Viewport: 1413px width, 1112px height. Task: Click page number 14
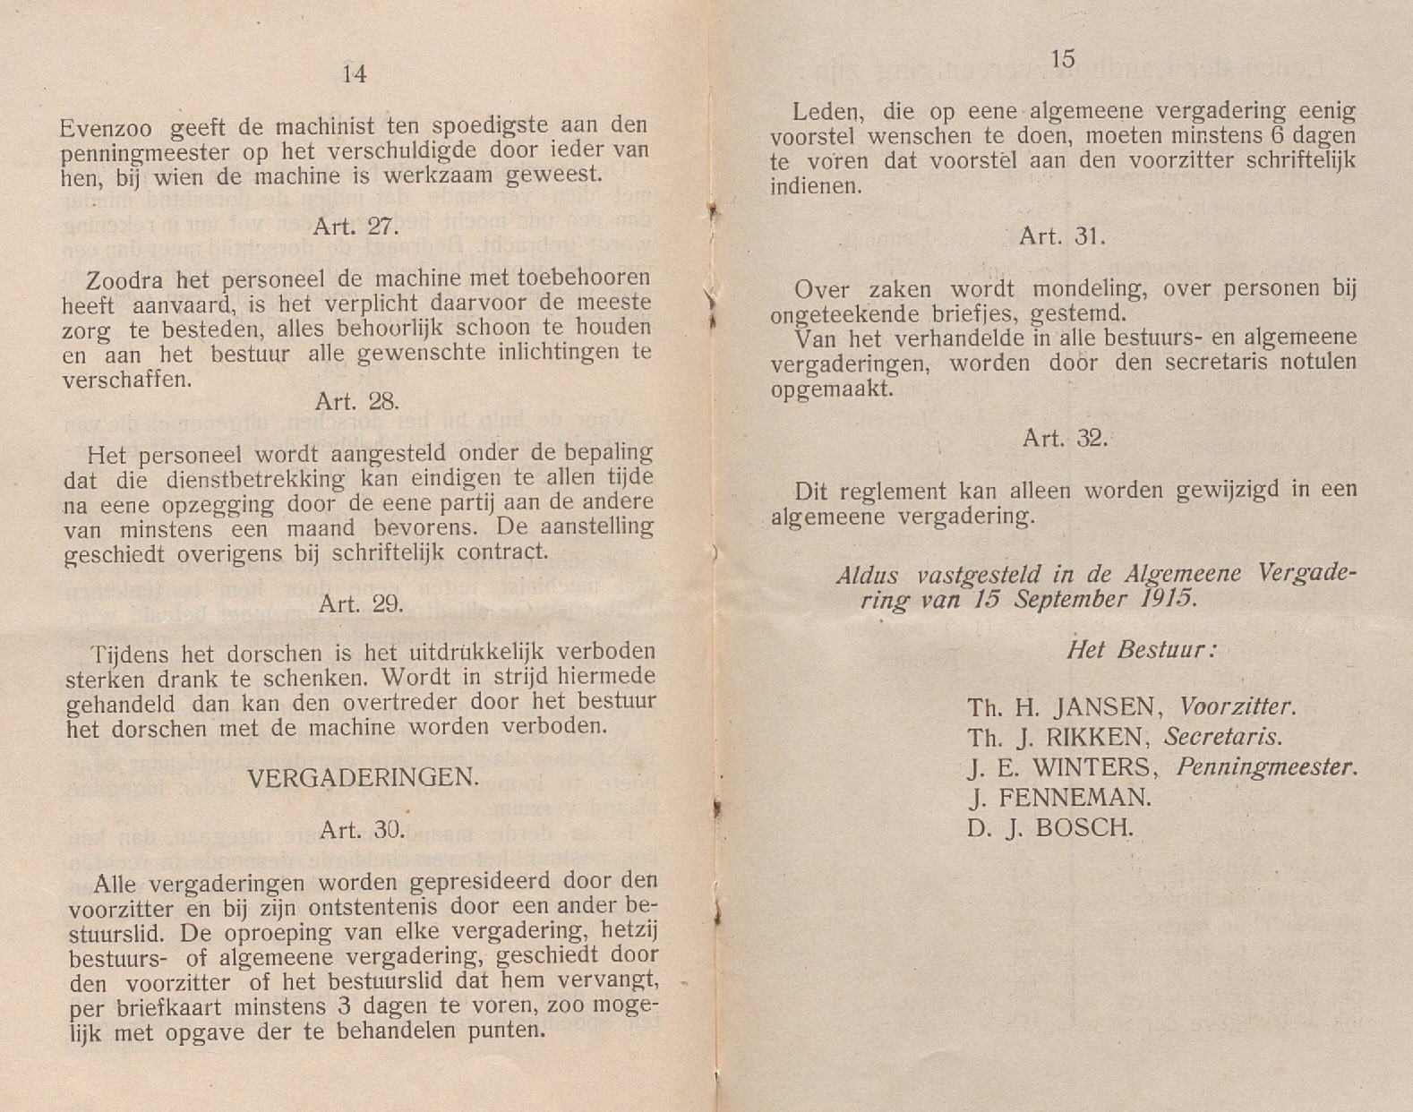(355, 74)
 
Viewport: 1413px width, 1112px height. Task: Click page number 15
(1062, 60)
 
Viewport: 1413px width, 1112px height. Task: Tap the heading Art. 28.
(356, 401)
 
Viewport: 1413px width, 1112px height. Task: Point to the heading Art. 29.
(361, 604)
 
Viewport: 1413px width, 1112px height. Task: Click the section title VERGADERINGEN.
(363, 778)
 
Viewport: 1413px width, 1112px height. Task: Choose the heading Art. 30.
(362, 830)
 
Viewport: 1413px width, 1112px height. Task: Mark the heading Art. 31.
(1063, 236)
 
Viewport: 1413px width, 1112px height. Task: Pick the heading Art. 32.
(1065, 439)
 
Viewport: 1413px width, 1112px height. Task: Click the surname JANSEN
(1109, 708)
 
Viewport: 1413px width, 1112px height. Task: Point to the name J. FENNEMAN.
(1059, 798)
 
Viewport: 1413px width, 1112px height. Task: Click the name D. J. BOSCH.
(1049, 828)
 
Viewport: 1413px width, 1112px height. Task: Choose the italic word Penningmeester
(1266, 768)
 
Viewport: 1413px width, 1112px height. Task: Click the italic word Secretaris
(1222, 738)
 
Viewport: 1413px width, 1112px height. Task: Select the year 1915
(1168, 599)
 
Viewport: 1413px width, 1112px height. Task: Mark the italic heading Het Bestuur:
(1142, 650)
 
